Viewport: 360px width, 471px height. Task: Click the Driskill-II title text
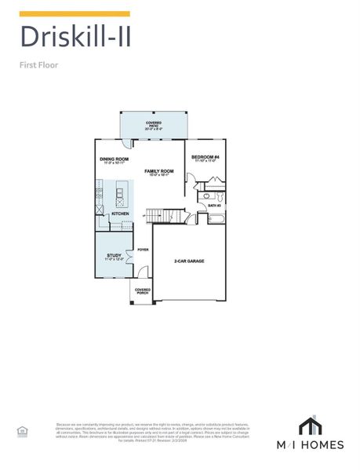(x=74, y=37)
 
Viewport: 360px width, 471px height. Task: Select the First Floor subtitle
(x=39, y=65)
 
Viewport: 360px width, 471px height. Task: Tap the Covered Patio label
(x=154, y=124)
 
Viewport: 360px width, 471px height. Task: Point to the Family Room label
(x=158, y=171)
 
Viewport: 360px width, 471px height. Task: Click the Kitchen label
(x=119, y=214)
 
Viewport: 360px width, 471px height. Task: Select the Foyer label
(x=143, y=250)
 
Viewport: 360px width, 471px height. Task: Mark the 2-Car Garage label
(x=189, y=261)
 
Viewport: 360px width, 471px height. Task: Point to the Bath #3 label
(x=214, y=206)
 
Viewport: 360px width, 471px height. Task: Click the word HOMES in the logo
(x=329, y=445)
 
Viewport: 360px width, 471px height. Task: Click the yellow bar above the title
(x=74, y=14)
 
